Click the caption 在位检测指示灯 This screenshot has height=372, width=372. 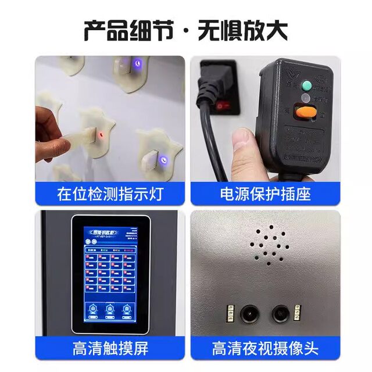(110, 194)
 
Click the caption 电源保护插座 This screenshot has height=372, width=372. (264, 194)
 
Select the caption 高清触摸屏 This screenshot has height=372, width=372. (110, 348)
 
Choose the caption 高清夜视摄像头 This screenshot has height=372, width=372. (264, 348)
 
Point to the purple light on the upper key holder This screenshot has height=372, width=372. (137, 62)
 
